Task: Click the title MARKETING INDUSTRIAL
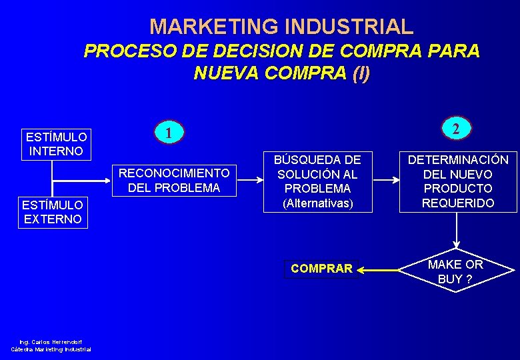[281, 27]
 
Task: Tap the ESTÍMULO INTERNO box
[55, 144]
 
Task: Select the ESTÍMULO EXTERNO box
[53, 212]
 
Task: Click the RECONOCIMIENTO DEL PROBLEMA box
[173, 181]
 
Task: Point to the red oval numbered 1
[170, 132]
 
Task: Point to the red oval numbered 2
[455, 129]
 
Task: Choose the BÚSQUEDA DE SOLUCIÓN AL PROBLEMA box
[318, 181]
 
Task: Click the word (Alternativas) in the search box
[318, 203]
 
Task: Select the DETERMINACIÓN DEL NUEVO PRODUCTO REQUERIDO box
[458, 181]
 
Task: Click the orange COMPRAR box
[321, 269]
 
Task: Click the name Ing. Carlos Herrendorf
[51, 342]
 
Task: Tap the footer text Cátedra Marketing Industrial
[51, 349]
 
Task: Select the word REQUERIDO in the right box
[458, 203]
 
